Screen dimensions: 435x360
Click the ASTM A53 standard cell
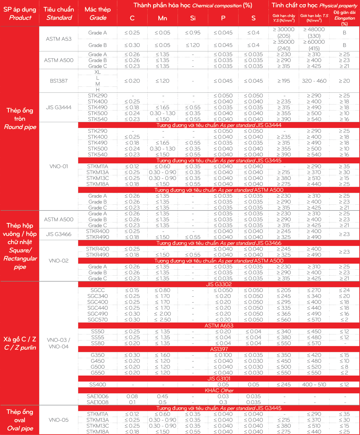coord(59,39)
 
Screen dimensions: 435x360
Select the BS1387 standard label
coord(59,81)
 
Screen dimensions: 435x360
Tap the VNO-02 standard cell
coord(59,261)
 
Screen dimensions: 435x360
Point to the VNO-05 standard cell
coord(59,420)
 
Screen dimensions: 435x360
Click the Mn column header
coord(162,18)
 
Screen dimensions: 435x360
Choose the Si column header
coord(193,18)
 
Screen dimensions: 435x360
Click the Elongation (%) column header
coord(344,18)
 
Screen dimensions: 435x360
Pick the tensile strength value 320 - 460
coord(314,81)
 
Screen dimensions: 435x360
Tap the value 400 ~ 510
coord(314,385)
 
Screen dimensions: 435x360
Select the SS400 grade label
coord(97,385)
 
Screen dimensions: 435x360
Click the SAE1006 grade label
coord(97,396)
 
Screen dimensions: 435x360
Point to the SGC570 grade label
coord(97,320)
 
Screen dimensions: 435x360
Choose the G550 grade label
coord(97,373)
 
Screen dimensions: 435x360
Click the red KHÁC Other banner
coord(219,391)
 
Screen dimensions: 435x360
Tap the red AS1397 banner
coord(219,349)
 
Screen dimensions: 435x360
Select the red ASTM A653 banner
coord(219,326)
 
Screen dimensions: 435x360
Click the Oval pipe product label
coord(20,428)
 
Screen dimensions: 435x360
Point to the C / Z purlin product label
coord(20,348)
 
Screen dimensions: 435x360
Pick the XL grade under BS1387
coord(97,72)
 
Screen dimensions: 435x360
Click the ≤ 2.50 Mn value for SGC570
coord(162,320)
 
